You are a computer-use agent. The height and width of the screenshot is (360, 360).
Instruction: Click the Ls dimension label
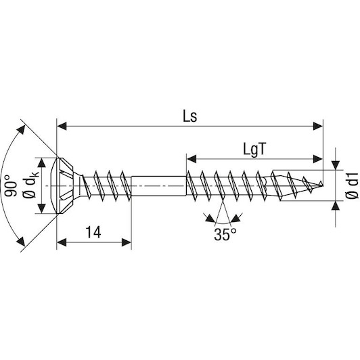click(x=190, y=116)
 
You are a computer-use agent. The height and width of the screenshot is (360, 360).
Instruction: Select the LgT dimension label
click(x=254, y=150)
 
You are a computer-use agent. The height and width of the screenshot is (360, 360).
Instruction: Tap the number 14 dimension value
click(x=93, y=232)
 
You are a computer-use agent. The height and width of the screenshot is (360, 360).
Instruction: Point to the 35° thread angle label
click(x=225, y=234)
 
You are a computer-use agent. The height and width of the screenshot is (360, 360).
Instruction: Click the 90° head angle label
click(x=11, y=185)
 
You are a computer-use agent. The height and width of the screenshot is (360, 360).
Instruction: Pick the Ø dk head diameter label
click(x=30, y=185)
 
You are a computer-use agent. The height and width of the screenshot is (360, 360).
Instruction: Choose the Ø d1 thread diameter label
click(x=351, y=185)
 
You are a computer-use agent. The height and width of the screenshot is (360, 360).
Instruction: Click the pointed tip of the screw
click(x=323, y=184)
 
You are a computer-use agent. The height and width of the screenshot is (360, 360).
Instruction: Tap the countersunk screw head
click(x=66, y=185)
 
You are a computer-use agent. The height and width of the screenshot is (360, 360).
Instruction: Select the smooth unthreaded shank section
click(x=158, y=185)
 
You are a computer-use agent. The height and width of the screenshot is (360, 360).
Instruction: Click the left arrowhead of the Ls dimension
click(x=62, y=126)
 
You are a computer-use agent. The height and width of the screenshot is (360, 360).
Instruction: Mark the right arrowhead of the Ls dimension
click(x=318, y=126)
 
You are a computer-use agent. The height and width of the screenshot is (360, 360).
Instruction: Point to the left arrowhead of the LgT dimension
click(x=192, y=159)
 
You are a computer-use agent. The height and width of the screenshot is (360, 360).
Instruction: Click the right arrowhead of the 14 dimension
click(x=127, y=242)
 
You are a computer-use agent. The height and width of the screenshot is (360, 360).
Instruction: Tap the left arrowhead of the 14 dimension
click(x=62, y=242)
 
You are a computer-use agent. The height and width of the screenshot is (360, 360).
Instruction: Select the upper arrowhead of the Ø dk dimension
click(x=41, y=162)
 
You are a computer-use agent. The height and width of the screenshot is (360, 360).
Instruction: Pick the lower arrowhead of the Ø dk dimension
click(x=41, y=208)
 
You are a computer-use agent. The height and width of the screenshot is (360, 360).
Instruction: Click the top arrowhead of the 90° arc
click(x=21, y=130)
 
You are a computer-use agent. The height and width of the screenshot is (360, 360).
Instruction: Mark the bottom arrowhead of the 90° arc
click(x=21, y=242)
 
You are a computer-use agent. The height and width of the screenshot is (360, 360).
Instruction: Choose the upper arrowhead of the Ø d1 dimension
click(x=336, y=165)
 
